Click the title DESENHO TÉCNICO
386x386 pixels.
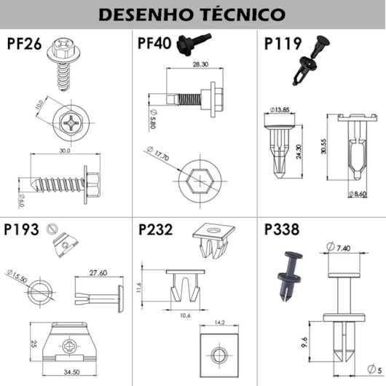[x=192, y=15]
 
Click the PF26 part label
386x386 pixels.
[x=24, y=43]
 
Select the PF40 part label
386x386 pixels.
[x=154, y=43]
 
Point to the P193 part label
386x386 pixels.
[x=22, y=230]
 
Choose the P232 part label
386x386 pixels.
[x=154, y=230]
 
